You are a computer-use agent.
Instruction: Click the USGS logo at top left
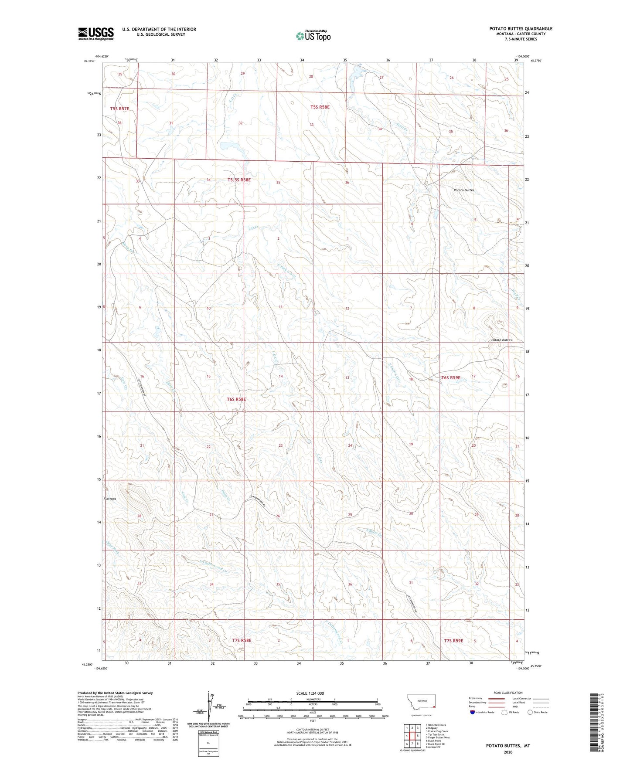(x=96, y=33)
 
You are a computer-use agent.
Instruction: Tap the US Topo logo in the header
(x=313, y=36)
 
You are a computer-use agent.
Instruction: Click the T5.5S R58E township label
(x=239, y=180)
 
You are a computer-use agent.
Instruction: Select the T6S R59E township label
(x=450, y=377)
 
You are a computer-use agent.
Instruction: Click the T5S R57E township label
(x=119, y=109)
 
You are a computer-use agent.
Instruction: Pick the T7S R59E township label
(x=453, y=641)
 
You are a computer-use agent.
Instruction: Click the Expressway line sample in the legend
(x=497, y=699)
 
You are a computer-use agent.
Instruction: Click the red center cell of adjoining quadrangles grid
(x=412, y=735)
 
